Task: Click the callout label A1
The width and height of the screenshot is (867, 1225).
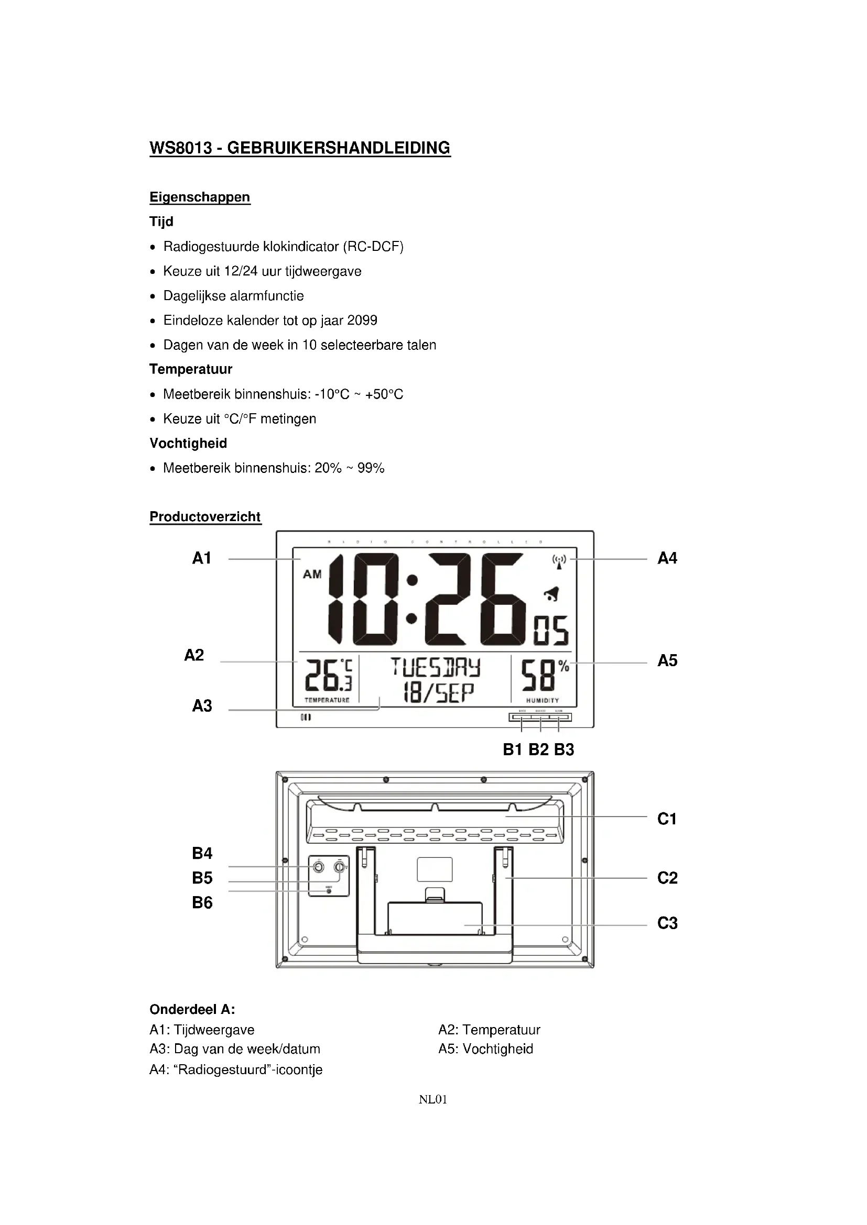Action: tap(202, 558)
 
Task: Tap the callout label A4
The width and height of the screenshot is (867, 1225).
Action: tap(667, 558)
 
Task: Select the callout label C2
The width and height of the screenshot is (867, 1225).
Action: tap(667, 878)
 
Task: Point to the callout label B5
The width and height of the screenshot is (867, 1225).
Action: tap(202, 878)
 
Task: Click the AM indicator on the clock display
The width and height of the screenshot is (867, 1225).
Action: tap(312, 575)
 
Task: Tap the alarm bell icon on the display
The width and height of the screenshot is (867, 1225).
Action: tap(551, 593)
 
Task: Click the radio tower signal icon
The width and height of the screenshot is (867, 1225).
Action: tap(559, 562)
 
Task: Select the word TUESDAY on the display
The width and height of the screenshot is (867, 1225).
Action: tap(435, 667)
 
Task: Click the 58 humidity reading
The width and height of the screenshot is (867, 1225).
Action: tap(538, 676)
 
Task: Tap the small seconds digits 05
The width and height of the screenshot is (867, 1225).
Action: tap(551, 631)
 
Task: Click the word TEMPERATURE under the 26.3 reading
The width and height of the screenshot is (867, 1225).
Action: tap(327, 700)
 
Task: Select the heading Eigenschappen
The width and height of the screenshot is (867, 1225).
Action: tap(200, 197)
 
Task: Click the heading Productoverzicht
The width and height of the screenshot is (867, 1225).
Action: tap(205, 516)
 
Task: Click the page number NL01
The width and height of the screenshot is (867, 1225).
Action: tap(433, 1099)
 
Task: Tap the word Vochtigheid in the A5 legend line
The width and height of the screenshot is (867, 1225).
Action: tap(497, 1049)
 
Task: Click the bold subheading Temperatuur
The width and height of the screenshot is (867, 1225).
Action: tap(191, 369)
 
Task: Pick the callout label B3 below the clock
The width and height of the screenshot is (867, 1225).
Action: tap(564, 749)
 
